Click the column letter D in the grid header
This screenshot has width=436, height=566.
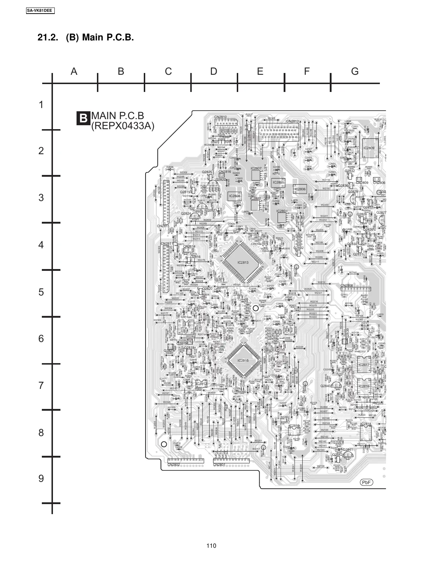(214, 71)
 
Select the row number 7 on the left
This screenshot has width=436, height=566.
(41, 385)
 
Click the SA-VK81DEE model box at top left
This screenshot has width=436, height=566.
(40, 11)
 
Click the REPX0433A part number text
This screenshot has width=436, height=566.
(122, 126)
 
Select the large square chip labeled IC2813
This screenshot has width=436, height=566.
(243, 262)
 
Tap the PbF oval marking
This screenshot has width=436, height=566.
(366, 482)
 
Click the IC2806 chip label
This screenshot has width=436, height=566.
(300, 189)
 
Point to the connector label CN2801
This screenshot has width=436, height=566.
(219, 465)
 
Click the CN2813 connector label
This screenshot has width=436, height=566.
(292, 121)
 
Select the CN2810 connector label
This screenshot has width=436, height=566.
(220, 117)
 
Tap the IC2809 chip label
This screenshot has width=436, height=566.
(369, 148)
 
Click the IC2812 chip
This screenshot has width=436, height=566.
(201, 384)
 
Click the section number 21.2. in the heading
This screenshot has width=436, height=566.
(49, 38)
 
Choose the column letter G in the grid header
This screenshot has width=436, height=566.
(355, 71)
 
